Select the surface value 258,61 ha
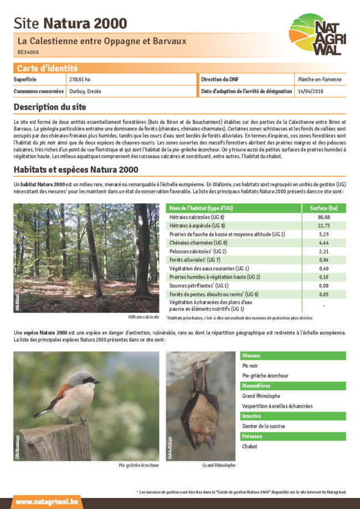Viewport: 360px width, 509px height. click(80, 80)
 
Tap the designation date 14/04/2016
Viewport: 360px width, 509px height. click(312, 91)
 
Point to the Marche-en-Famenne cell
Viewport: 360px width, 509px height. click(320, 80)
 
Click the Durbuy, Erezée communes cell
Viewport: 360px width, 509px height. click(85, 91)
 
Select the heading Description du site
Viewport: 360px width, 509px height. click(50, 106)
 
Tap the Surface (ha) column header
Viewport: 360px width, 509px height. click(324, 208)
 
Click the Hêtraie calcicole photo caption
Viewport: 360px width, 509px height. click(143, 317)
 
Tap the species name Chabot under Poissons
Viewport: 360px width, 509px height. click(250, 446)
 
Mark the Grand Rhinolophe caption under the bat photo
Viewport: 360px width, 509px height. click(219, 465)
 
